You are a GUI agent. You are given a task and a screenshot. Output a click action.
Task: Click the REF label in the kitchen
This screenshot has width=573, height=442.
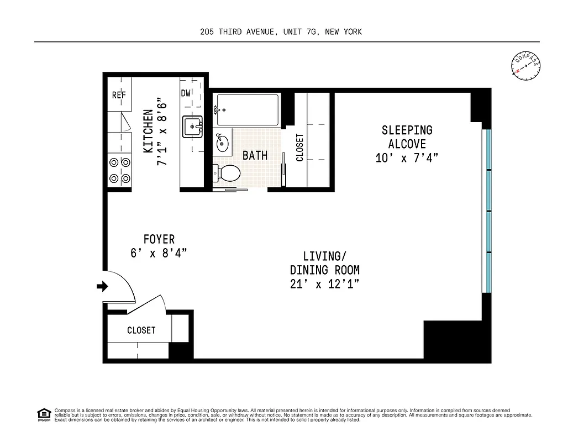coord(119,95)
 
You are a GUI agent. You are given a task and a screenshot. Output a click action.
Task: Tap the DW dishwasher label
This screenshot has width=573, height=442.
coord(186,93)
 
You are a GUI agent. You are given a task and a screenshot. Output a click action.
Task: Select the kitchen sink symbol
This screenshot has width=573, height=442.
coord(193,127)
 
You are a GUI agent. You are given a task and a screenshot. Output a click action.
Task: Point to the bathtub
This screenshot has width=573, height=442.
coord(247,109)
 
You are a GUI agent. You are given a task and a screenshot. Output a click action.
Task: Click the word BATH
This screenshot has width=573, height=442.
coord(255,155)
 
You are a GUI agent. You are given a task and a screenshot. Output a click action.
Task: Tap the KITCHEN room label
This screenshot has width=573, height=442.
coord(148,131)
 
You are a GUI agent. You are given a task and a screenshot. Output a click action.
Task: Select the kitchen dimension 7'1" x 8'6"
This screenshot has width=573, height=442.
coord(161,131)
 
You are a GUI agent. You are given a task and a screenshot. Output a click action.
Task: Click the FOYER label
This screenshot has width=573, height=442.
coord(159,239)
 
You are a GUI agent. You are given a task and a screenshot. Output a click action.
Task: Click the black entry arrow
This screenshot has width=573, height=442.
coord(102,286)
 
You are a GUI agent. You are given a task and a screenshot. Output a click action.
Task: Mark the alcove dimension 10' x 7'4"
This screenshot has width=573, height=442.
coord(407,157)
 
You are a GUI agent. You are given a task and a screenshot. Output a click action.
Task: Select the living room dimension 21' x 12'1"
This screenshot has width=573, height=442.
coord(324,284)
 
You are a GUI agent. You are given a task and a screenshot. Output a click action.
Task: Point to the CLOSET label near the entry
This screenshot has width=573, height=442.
coord(141,330)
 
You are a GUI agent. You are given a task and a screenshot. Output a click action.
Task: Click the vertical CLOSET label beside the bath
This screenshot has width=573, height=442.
coord(300,148)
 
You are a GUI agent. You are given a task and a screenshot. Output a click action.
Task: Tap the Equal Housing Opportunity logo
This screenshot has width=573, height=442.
coord(44,414)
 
